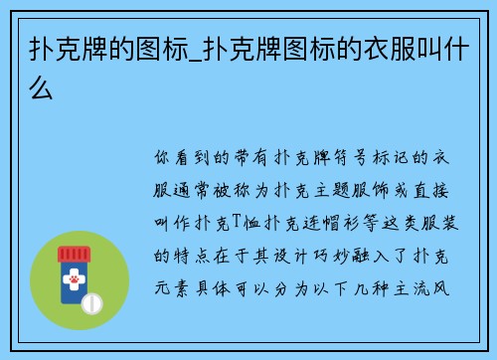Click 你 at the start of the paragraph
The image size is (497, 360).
pyautogui.click(x=164, y=158)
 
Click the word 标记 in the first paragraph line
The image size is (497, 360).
pyautogui.click(x=385, y=158)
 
